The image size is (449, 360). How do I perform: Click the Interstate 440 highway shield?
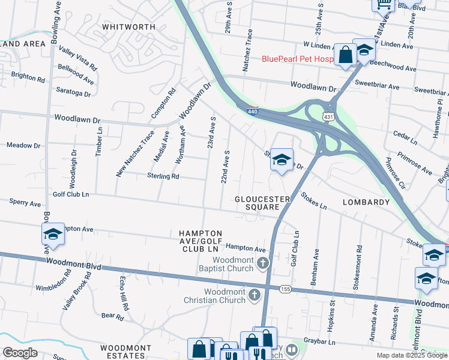point(253,110)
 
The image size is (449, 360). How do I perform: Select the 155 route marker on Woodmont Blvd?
point(285,289)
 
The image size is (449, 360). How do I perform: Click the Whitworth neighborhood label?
point(128,27)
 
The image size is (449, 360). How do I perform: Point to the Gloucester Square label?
point(258,203)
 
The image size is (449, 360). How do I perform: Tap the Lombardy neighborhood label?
point(366,202)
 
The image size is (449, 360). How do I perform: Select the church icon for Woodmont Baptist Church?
point(262,263)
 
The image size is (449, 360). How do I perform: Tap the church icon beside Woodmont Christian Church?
point(255,294)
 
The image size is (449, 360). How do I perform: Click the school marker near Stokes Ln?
point(281,160)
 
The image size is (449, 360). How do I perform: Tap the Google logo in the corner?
point(20,352)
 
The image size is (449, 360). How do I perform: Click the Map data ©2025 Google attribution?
point(412,355)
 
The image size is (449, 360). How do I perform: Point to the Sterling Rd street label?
point(163,176)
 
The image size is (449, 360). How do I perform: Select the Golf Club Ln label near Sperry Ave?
point(71,194)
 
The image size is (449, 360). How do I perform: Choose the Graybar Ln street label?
point(319,343)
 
